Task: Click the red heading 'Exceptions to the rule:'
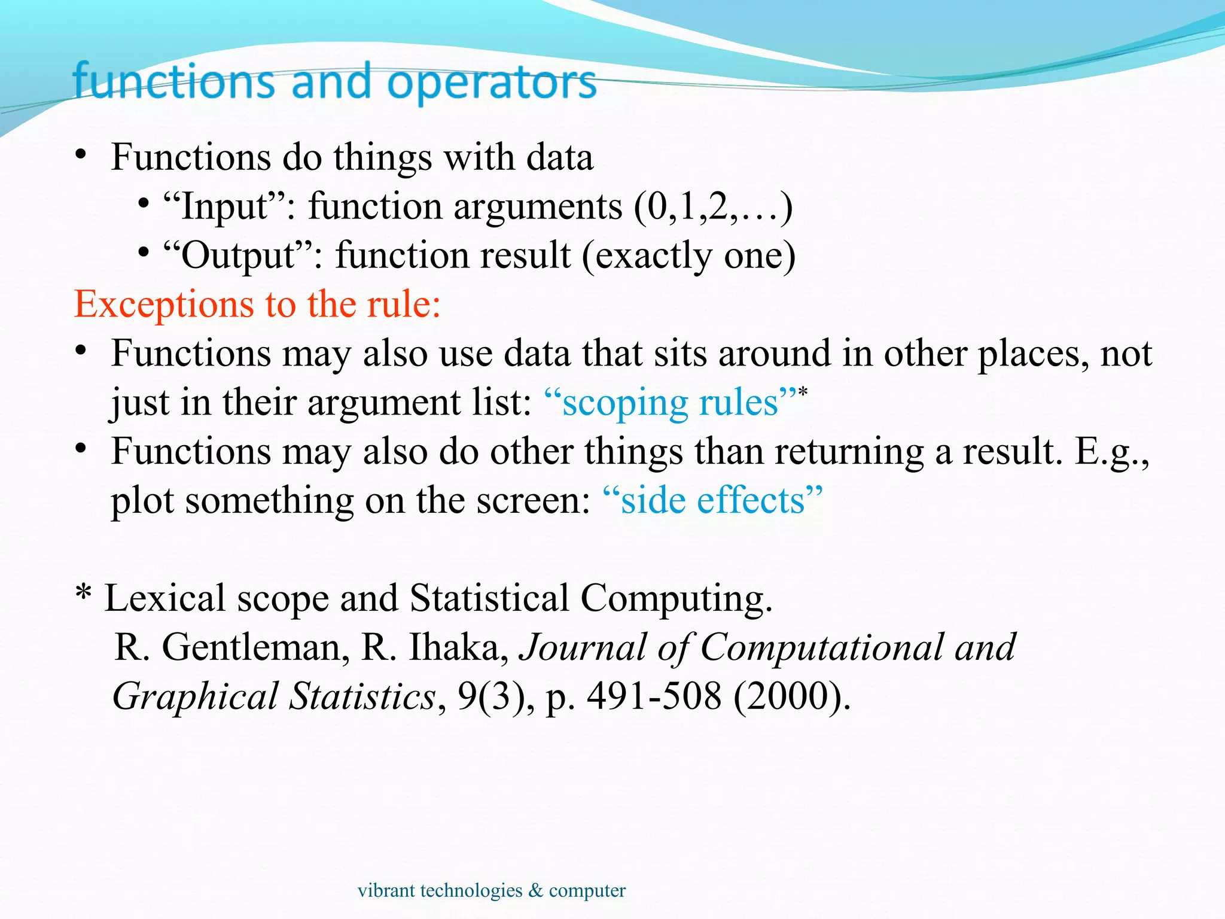point(257,304)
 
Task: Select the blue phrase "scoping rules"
point(671,402)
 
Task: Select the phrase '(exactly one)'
point(688,255)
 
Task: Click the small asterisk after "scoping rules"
point(803,392)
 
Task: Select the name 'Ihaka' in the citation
point(458,647)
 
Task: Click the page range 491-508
point(654,696)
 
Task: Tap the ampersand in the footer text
point(535,890)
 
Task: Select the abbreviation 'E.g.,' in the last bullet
point(1111,452)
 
